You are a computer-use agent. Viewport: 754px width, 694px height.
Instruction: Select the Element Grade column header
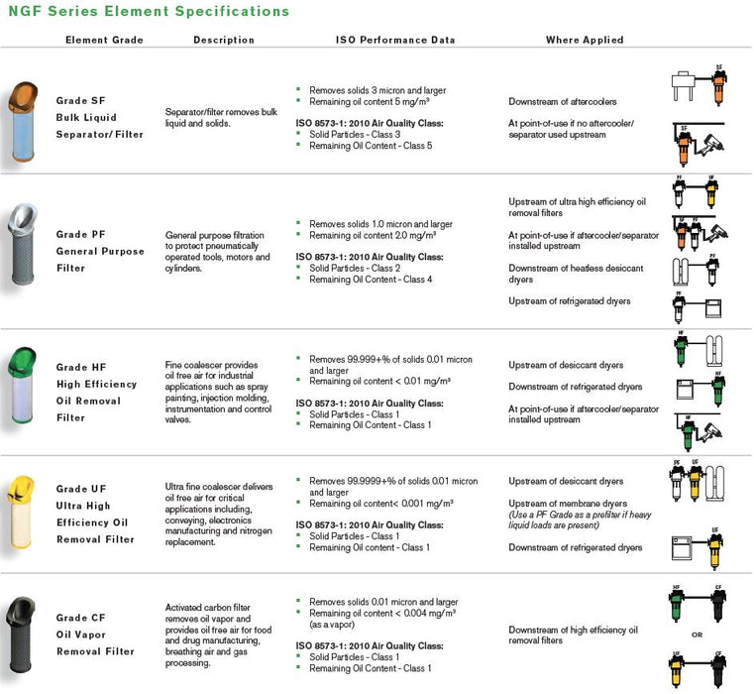[x=105, y=40]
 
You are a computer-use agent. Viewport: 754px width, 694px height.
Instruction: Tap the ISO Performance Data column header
[x=395, y=40]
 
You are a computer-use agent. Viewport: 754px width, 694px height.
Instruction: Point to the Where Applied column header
[x=585, y=40]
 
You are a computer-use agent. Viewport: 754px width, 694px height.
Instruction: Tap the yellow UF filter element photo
[x=23, y=514]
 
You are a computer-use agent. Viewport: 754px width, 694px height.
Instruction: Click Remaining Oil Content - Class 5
[x=371, y=145]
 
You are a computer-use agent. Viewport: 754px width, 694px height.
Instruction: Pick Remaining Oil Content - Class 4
[x=371, y=280]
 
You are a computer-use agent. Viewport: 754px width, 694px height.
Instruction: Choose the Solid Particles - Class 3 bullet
[x=355, y=134]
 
